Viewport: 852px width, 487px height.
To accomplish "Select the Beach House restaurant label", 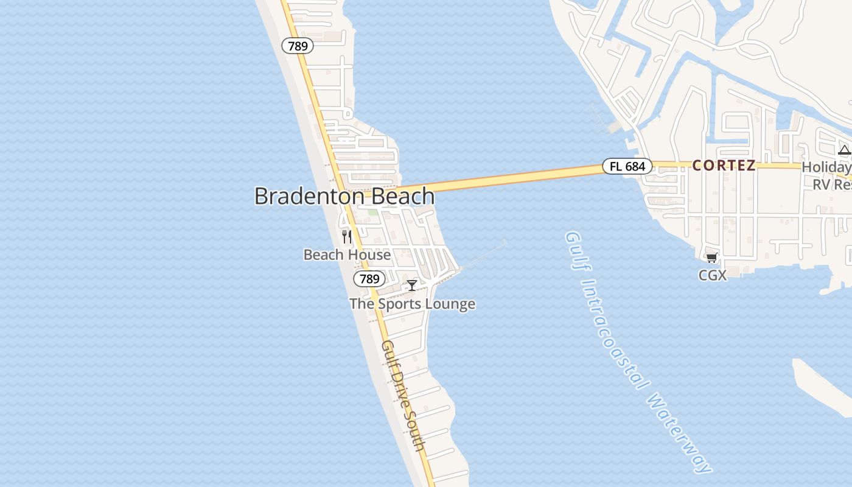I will [347, 254].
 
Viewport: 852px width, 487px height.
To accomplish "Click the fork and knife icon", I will [347, 236].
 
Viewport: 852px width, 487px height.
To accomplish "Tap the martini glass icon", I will [412, 285].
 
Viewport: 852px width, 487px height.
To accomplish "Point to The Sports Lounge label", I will [412, 304].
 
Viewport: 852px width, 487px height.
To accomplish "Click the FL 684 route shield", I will [627, 166].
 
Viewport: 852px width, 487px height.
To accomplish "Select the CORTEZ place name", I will [724, 166].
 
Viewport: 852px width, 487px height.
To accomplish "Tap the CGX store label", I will [712, 275].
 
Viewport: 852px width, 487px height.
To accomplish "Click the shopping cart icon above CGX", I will [712, 258].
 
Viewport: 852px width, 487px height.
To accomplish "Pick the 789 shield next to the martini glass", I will [369, 279].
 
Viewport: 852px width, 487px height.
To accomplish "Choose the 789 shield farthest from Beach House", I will [298, 46].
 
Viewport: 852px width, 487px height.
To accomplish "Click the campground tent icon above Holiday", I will [844, 150].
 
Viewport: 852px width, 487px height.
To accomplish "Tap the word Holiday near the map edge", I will [826, 167].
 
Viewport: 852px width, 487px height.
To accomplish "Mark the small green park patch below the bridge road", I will [372, 212].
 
